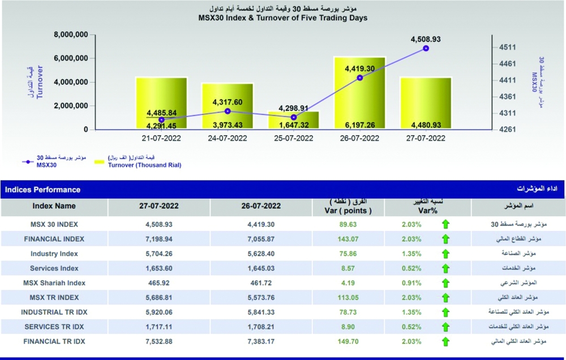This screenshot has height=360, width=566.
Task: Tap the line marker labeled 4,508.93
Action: click(x=426, y=49)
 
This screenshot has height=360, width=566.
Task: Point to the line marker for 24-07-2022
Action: click(x=228, y=111)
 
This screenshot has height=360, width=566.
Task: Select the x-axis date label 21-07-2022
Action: click(x=162, y=138)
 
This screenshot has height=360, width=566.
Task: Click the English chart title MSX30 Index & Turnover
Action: click(x=282, y=18)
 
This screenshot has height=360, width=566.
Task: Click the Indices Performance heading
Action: click(x=43, y=190)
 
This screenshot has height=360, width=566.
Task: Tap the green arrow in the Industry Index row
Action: click(x=445, y=254)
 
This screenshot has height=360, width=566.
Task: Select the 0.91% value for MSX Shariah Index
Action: click(x=411, y=283)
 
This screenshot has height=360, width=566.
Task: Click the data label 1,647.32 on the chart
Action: click(x=294, y=125)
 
